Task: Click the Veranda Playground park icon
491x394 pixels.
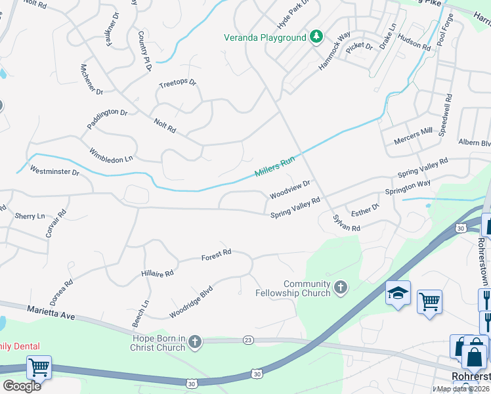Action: click(x=316, y=36)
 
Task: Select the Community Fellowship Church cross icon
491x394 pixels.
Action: click(x=340, y=287)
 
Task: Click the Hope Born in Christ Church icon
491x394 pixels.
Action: click(x=194, y=341)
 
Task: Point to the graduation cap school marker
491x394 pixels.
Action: click(x=398, y=294)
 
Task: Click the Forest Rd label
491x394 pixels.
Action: click(x=217, y=253)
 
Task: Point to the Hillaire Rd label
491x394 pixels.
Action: click(x=158, y=273)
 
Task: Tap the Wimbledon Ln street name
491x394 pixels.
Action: click(x=111, y=154)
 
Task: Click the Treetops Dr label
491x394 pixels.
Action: click(x=178, y=83)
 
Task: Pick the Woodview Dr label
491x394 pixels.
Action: click(x=289, y=190)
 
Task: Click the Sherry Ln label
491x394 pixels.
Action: click(x=30, y=215)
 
